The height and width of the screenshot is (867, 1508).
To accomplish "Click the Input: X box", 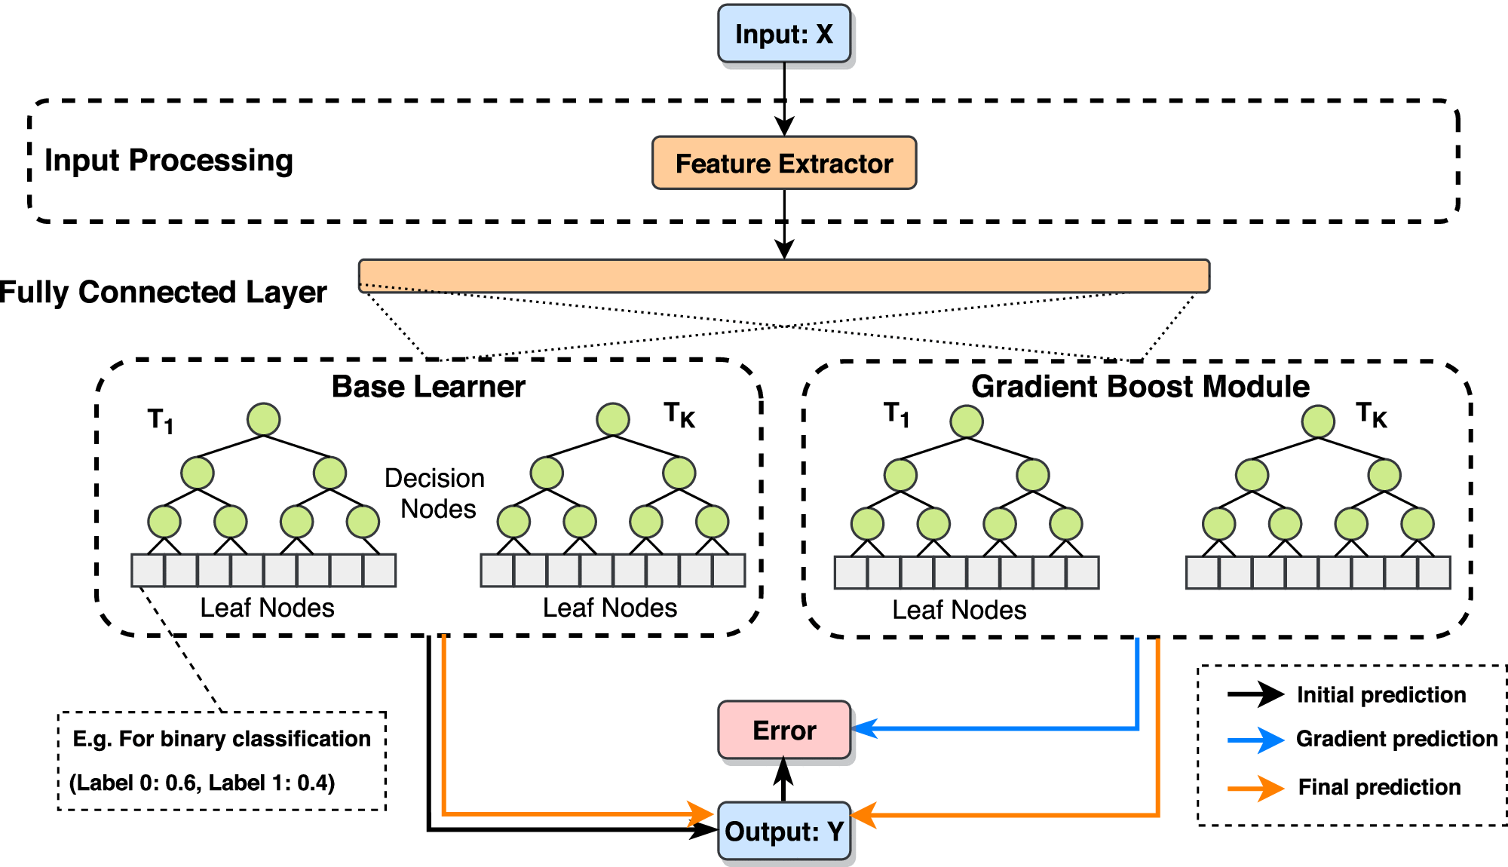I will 784,34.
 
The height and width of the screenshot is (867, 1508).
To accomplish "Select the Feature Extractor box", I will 784,163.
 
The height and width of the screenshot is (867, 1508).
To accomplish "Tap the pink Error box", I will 784,730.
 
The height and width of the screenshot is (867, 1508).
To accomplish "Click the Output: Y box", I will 784,831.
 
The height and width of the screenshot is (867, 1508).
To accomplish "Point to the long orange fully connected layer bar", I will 784,276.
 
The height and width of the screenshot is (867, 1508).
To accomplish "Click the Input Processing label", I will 169,161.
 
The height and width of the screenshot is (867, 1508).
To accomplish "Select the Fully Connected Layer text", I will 163,293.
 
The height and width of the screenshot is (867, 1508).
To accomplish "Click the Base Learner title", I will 428,387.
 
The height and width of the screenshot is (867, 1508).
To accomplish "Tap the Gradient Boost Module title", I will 1140,386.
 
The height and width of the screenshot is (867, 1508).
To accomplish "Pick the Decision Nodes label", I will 434,494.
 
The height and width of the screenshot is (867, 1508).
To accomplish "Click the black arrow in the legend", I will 1255,694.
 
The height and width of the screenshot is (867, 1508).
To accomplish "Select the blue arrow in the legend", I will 1255,740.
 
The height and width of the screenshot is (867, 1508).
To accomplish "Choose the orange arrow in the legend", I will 1255,788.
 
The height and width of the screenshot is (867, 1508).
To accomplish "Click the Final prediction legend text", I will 1379,787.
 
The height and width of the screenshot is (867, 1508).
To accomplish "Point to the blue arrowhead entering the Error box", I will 864,728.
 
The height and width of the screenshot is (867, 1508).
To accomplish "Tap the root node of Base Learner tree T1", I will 263,419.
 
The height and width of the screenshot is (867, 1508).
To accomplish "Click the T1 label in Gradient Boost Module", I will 897,414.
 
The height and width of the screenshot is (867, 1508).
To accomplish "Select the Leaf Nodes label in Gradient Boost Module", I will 959,610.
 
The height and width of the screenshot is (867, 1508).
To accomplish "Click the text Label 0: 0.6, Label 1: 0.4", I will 202,783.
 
